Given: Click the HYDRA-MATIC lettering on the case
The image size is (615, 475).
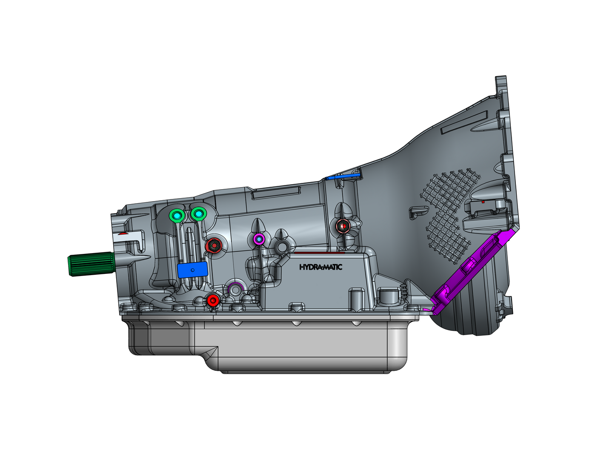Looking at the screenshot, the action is (320, 267).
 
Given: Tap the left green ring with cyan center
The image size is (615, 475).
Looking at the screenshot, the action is (177, 216).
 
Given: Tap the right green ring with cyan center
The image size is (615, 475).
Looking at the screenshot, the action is (198, 214).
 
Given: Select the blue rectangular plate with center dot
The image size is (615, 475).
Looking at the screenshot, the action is (192, 270).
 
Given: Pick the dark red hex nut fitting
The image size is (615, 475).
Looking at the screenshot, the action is (214, 246).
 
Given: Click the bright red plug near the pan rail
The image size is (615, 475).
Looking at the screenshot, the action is (212, 300).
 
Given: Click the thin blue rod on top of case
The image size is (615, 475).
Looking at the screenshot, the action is (343, 177).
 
